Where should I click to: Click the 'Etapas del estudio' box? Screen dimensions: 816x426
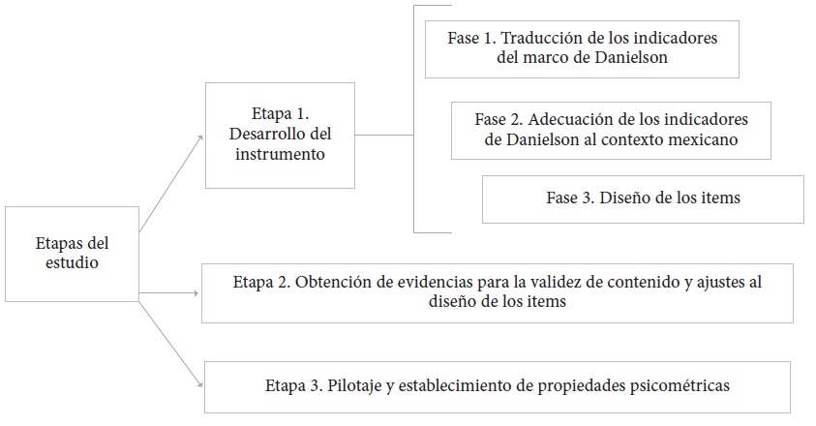[x=72, y=253]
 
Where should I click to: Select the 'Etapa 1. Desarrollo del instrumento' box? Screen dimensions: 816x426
[x=280, y=135]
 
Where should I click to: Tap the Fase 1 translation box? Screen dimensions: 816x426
[x=581, y=47]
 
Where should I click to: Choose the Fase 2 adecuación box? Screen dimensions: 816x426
[x=611, y=130]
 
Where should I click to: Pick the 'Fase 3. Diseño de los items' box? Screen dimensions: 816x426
[x=643, y=198]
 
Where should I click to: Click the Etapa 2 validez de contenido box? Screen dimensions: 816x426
[x=497, y=292]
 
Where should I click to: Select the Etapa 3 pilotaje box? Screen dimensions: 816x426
[x=497, y=385]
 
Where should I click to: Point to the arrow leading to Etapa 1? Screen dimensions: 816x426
[x=172, y=183]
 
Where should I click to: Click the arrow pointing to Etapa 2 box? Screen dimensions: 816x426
[x=170, y=292]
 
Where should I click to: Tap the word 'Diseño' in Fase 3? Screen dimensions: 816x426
[x=624, y=198]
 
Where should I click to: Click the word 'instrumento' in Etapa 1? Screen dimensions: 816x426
[x=279, y=153]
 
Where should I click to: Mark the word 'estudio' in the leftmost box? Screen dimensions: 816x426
[x=71, y=261]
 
